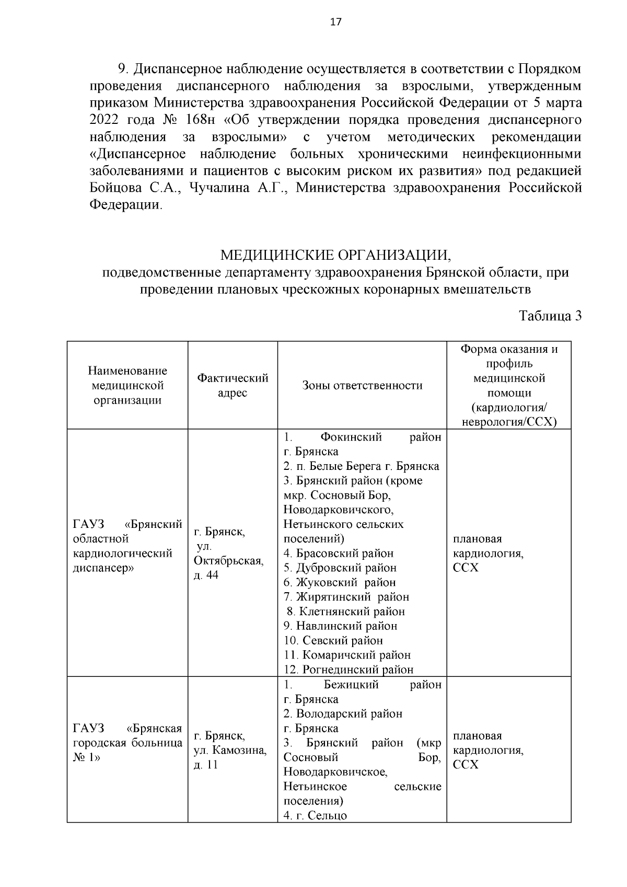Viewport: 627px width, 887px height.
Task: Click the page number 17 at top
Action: coord(336,22)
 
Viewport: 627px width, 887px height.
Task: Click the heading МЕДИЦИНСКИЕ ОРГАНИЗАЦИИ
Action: coord(335,256)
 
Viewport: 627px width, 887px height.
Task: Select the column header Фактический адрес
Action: coord(233,385)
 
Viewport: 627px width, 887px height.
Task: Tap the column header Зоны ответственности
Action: coord(362,385)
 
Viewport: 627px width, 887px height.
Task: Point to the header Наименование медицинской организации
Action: coord(127,385)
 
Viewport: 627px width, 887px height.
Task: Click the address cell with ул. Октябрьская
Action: coord(228,553)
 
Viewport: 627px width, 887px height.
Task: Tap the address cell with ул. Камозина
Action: coord(230,750)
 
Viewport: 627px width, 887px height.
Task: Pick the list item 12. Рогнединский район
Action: coord(349,669)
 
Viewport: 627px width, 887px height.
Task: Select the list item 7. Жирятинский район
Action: coord(346,596)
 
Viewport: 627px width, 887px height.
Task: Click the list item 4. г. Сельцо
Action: coord(315,815)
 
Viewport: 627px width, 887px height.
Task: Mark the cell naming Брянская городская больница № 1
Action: coord(127,743)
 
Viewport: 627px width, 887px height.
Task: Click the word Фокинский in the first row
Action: coord(351,436)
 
